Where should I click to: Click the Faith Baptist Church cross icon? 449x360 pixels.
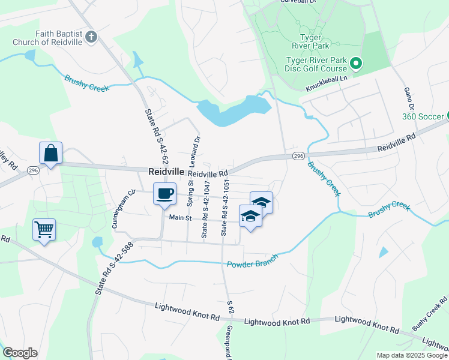[x=91, y=38]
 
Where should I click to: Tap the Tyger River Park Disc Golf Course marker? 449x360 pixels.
[x=355, y=62]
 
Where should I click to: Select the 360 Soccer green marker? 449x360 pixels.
[x=445, y=116]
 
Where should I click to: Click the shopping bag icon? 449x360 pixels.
[x=51, y=154]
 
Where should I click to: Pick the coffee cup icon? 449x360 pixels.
[x=164, y=194]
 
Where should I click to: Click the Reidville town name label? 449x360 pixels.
[x=166, y=172]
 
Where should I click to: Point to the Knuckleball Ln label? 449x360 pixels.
[x=327, y=83]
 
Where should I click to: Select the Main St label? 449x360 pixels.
[x=179, y=218]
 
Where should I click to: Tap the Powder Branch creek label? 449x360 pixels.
[x=252, y=261]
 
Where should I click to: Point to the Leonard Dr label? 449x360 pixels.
[x=196, y=150]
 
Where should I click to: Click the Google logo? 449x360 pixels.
[x=20, y=353]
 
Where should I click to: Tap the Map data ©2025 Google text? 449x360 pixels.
[x=411, y=355]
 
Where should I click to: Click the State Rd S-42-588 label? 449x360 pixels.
[x=104, y=268]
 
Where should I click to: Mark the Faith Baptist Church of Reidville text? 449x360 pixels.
[x=48, y=38]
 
